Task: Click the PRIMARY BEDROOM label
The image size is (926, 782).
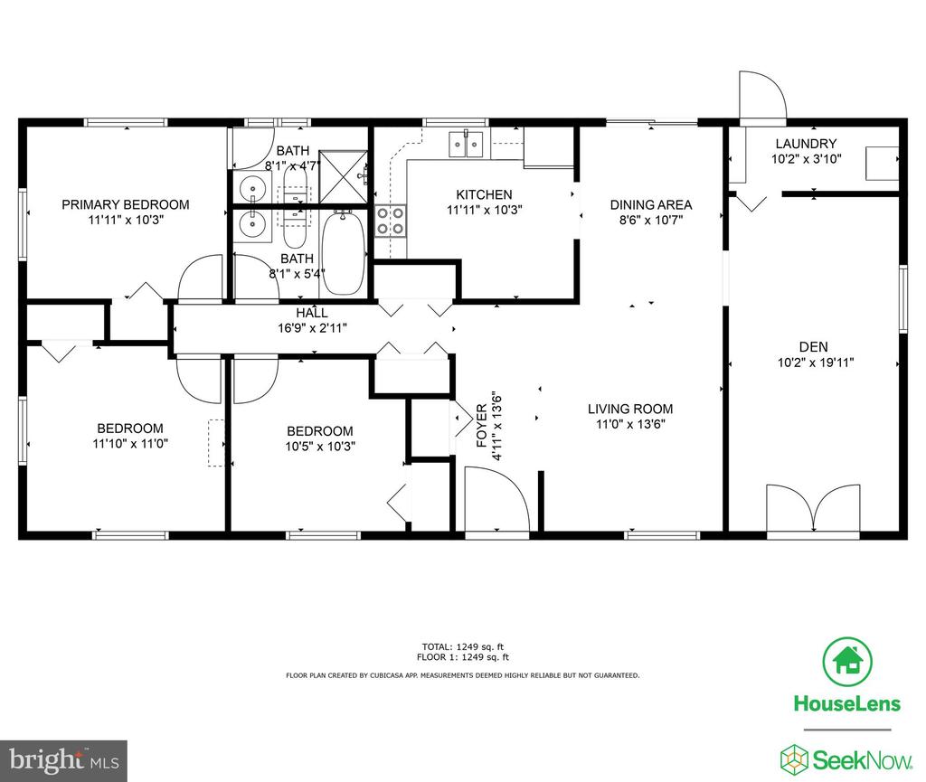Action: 126,205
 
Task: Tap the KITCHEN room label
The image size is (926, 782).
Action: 485,194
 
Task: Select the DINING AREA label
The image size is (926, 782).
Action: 651,205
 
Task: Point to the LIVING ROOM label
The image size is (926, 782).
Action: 630,409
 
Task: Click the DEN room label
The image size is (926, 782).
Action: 813,347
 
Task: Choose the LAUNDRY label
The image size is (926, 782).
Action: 806,144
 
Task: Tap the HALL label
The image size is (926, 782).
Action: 312,313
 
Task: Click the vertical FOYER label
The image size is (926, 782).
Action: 482,425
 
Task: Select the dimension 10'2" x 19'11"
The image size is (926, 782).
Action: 816,363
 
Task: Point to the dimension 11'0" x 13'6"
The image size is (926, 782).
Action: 630,424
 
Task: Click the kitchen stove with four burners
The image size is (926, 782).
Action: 391,221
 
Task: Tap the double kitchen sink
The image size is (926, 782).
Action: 467,144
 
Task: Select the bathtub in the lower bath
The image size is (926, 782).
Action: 343,253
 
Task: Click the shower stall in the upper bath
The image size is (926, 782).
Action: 343,176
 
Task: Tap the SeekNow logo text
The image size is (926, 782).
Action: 862,759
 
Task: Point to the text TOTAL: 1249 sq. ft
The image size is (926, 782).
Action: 462,647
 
